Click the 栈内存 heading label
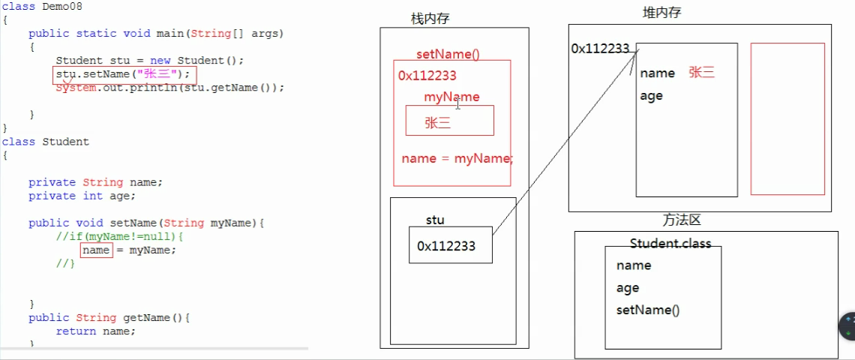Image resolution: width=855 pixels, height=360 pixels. click(x=430, y=18)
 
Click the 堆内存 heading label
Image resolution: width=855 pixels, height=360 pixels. click(x=662, y=13)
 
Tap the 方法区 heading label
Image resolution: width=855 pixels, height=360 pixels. click(x=681, y=220)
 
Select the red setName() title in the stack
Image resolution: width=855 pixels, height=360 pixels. click(x=447, y=55)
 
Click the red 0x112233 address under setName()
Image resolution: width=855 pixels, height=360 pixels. click(x=427, y=75)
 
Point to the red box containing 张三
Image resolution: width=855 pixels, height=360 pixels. click(x=449, y=121)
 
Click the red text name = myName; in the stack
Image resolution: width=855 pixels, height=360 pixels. click(x=457, y=158)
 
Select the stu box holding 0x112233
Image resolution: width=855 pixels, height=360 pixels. click(x=450, y=246)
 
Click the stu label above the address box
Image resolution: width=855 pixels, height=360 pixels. click(x=435, y=220)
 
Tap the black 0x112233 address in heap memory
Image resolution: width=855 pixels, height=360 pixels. click(x=600, y=49)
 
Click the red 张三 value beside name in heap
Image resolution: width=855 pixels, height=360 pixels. click(x=701, y=73)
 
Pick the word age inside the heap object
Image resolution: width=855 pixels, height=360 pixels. click(x=651, y=96)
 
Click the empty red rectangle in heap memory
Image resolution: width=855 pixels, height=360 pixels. click(x=787, y=118)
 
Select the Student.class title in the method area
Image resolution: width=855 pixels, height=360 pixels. click(x=670, y=244)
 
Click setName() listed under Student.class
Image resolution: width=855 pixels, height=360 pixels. click(x=647, y=310)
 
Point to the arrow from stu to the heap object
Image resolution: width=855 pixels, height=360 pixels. click(x=562, y=142)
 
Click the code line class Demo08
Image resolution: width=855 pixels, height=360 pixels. click(x=42, y=7)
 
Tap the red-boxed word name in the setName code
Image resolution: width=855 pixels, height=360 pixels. click(x=96, y=250)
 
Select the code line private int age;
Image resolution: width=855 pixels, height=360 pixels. click(x=82, y=196)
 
